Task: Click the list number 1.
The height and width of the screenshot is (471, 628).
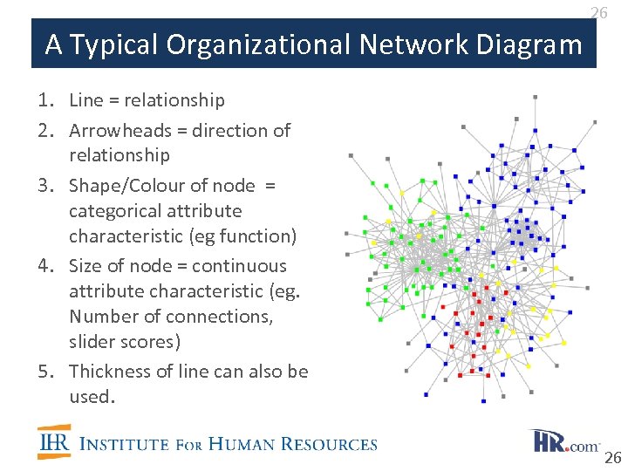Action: coord(44,101)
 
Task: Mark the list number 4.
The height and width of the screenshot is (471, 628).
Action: coord(44,266)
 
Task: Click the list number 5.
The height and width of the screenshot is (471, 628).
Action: coord(44,372)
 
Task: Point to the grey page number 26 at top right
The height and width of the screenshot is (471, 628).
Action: coord(598,12)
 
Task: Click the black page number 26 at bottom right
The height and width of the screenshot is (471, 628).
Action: coord(612,459)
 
